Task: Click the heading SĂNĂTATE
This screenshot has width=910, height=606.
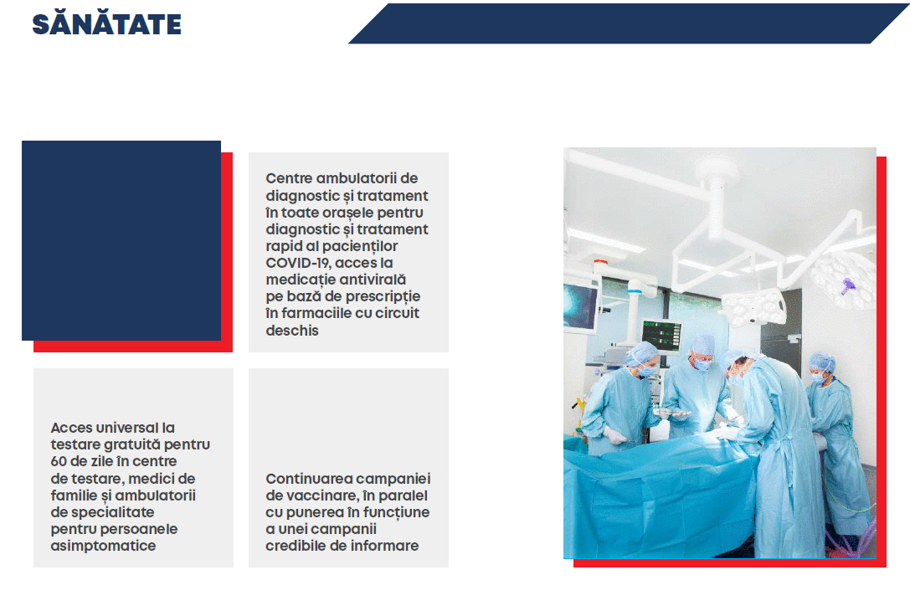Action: [x=107, y=23]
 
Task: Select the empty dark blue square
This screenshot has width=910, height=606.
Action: [x=121, y=240]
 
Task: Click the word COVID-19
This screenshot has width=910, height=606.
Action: [x=298, y=263]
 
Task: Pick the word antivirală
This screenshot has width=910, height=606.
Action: [x=373, y=280]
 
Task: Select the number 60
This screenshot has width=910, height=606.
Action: [x=59, y=461]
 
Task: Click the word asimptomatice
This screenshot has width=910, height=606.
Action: [x=103, y=547]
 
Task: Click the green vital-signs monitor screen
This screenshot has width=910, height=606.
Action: [x=661, y=336]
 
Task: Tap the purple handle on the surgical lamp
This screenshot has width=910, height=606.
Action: [x=849, y=286]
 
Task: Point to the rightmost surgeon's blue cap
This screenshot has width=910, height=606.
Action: [x=822, y=362]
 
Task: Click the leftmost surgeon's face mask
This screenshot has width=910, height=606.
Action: [x=647, y=370]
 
